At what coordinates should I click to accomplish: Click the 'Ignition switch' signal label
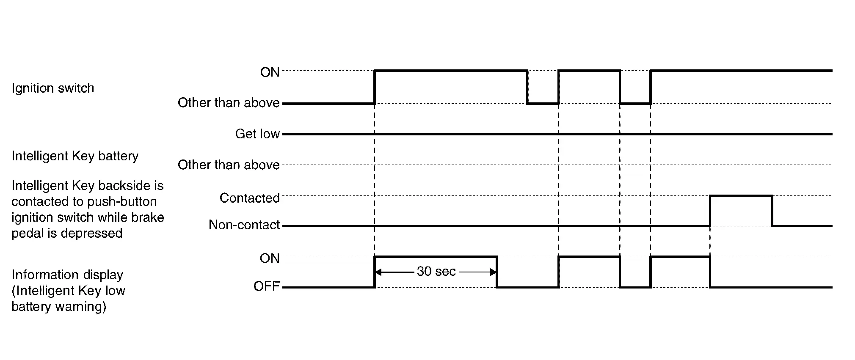point(53,88)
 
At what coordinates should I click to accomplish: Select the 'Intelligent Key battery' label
point(75,156)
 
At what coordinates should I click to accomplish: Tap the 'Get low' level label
point(257,134)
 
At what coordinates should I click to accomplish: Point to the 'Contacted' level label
point(249,198)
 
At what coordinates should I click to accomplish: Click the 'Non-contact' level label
point(244,225)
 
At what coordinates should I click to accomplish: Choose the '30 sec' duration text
point(436,271)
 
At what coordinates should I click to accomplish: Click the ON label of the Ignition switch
point(270,72)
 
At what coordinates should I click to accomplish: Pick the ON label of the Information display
point(270,258)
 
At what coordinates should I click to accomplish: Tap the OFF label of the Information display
point(267,286)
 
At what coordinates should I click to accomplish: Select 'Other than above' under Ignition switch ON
point(229,103)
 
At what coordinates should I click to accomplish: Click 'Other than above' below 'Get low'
point(229,165)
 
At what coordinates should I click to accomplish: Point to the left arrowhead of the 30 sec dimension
point(378,272)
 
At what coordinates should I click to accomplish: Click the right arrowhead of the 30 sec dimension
point(493,272)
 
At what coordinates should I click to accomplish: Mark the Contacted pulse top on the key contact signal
point(741,196)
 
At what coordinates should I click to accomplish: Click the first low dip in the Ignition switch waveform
point(543,103)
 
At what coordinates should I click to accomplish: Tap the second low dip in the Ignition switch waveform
point(635,103)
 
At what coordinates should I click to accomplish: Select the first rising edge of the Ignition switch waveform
point(375,87)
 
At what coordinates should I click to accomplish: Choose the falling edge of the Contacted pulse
point(772,211)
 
